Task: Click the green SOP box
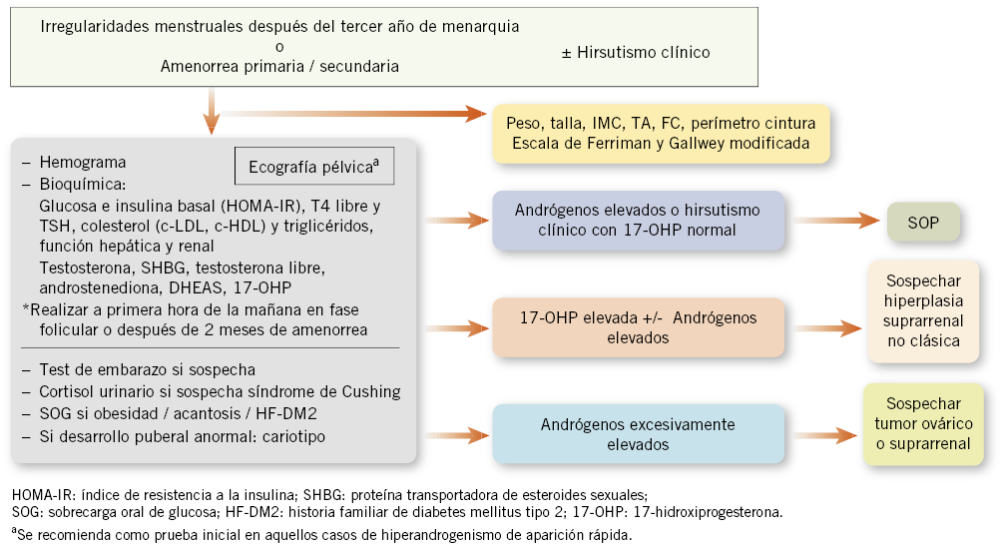click(x=923, y=222)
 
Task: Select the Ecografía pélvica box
click(x=314, y=167)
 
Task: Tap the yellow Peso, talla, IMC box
click(x=661, y=133)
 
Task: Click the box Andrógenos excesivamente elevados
click(x=638, y=434)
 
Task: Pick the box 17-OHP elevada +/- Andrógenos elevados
click(x=638, y=327)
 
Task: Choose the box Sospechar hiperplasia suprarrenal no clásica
click(x=923, y=311)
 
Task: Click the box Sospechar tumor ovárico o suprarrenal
click(x=923, y=424)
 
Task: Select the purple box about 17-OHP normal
click(x=638, y=220)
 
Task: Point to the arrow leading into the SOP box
click(x=836, y=221)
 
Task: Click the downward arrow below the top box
click(x=211, y=111)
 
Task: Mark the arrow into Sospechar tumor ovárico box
click(x=825, y=435)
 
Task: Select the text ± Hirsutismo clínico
click(x=636, y=53)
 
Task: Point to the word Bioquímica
click(x=83, y=184)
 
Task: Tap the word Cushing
click(x=371, y=391)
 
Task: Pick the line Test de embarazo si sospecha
click(x=147, y=369)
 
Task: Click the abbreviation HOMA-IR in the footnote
click(x=40, y=495)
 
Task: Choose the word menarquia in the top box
click(x=485, y=26)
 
